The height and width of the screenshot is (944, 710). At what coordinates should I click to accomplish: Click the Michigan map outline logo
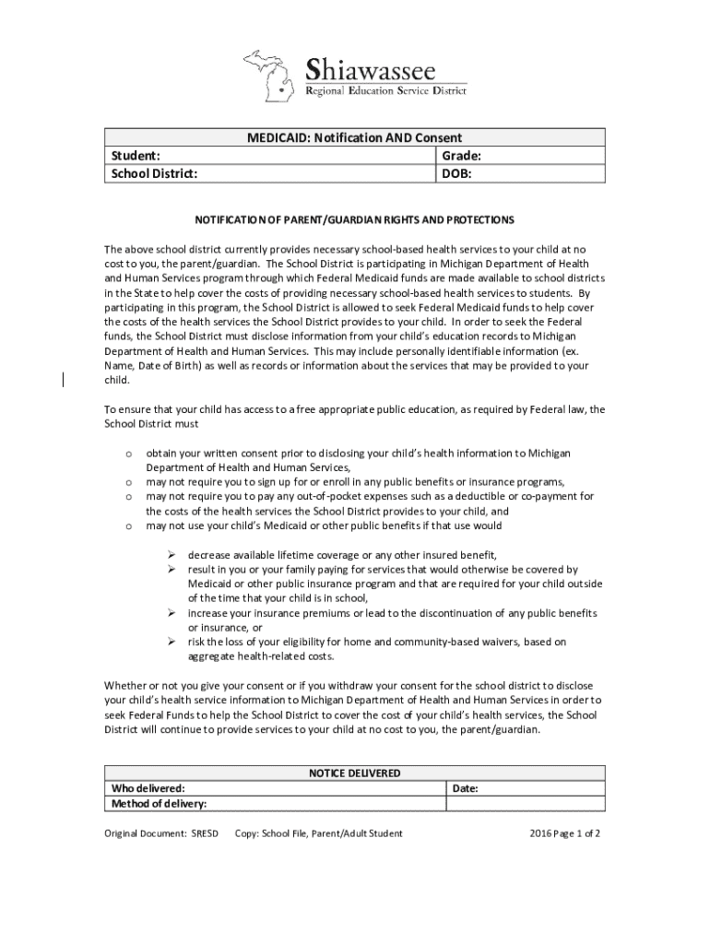click(x=272, y=75)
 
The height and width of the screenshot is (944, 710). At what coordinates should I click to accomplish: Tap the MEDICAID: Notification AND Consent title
click(x=354, y=137)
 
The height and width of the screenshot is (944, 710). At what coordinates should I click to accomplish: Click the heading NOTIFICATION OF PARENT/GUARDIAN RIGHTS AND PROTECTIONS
click(x=354, y=220)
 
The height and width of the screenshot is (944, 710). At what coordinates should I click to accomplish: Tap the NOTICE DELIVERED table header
click(x=354, y=773)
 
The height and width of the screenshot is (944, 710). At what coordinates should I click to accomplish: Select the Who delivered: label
click(x=148, y=789)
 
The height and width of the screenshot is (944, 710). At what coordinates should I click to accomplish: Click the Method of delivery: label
click(x=159, y=805)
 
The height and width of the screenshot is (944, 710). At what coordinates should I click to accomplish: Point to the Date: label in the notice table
click(x=465, y=789)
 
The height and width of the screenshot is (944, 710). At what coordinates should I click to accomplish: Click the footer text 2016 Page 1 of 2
click(x=565, y=833)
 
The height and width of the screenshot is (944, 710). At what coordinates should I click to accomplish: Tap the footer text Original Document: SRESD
click(x=161, y=833)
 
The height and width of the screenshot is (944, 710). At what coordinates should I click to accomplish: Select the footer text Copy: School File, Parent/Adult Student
click(x=318, y=833)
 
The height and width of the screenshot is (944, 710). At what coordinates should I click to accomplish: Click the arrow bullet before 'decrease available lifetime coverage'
click(x=171, y=555)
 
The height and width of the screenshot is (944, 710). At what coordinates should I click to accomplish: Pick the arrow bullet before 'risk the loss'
click(x=171, y=642)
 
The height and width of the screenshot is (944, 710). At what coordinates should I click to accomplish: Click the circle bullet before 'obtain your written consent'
click(x=128, y=454)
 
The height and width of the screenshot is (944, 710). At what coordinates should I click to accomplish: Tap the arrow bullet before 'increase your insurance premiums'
click(x=171, y=613)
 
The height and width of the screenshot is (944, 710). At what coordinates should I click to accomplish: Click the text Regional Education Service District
click(x=386, y=89)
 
